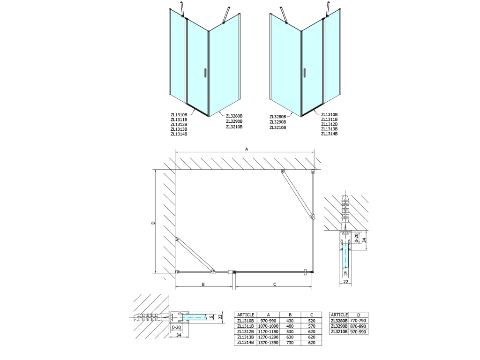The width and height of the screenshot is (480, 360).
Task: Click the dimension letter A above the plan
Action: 247,149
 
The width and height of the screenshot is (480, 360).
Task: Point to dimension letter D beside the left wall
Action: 153,223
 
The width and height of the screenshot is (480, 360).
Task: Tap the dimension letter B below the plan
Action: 203,285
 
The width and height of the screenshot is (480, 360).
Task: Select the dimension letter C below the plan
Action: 275,285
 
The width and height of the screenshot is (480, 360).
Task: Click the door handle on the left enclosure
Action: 206,74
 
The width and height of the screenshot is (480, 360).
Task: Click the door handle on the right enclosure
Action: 305,73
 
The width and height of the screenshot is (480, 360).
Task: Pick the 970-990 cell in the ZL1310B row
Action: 268,321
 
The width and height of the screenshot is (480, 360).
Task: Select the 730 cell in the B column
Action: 290,343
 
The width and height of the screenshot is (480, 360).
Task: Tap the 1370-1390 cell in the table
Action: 268,343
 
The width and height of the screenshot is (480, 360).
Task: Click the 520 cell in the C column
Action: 312,321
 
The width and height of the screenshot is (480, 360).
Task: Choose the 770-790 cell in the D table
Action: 359,321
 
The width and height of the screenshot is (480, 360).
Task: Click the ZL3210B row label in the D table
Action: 339,332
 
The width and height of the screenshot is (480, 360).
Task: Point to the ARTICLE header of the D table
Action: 339,315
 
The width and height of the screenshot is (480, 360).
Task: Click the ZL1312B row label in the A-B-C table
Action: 246,332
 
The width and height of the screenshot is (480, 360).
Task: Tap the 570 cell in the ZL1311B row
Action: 312,326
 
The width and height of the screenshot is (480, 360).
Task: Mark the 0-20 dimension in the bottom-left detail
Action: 177,328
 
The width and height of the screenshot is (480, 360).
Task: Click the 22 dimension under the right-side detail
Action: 345,282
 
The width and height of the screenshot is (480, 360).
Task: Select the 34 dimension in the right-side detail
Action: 364,240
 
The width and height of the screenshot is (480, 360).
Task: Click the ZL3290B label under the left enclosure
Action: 234,121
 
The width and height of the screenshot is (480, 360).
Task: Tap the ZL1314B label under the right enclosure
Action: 330,134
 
